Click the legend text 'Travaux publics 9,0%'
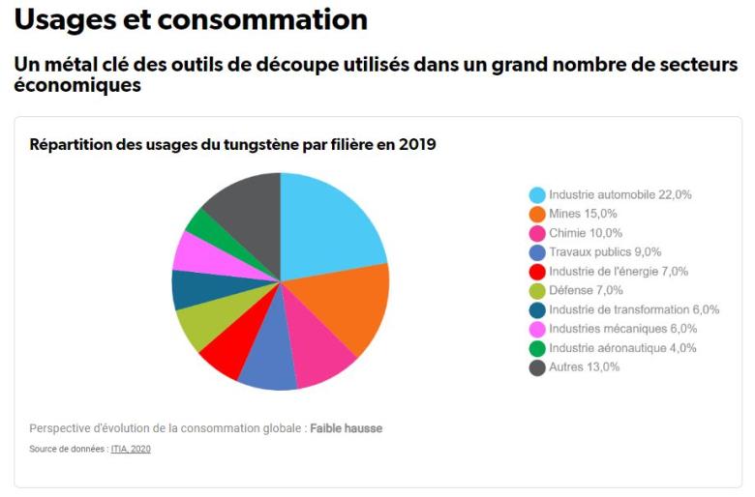click(605, 251)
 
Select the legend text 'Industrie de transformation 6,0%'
click(634, 309)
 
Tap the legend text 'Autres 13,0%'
click(584, 367)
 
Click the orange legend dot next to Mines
click(536, 214)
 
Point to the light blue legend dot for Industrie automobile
click(536, 194)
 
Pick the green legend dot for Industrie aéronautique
click(536, 348)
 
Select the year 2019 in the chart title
click(418, 145)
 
